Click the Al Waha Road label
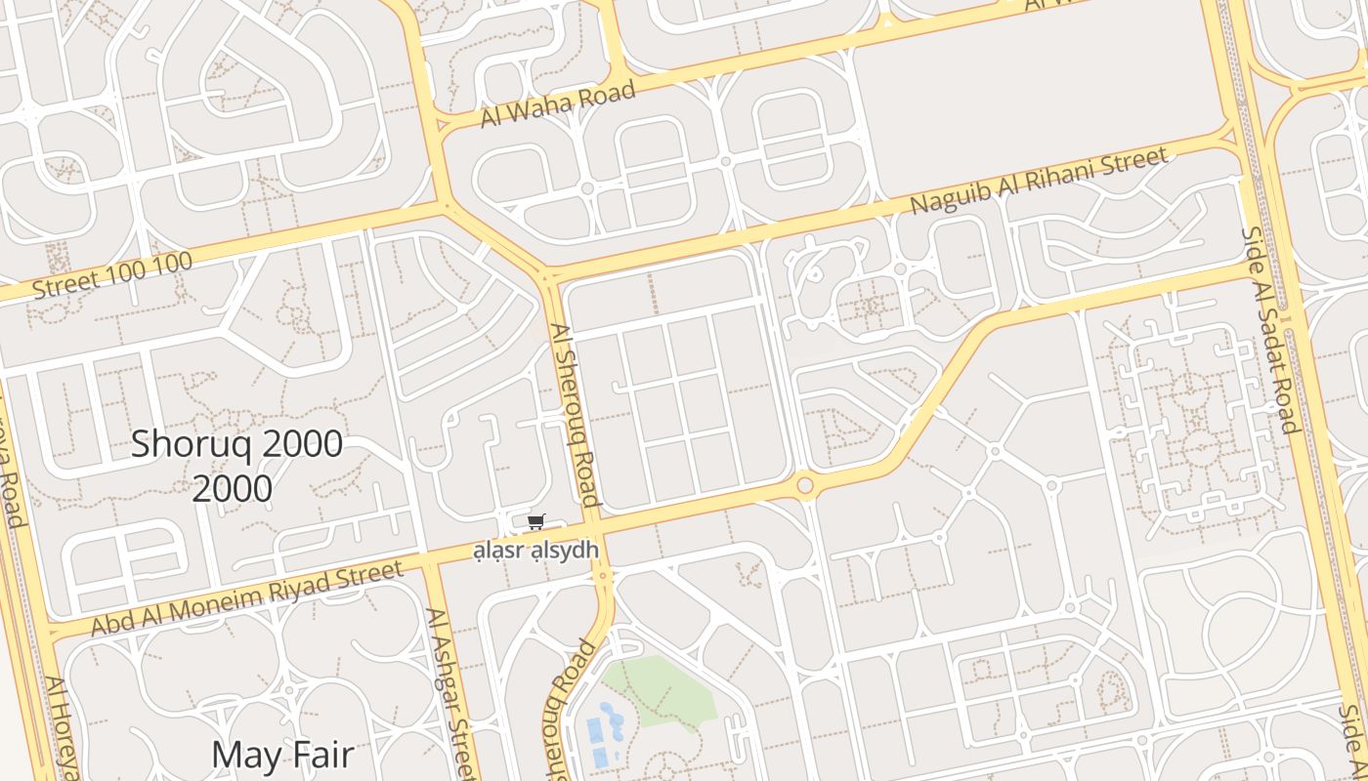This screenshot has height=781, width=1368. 558,104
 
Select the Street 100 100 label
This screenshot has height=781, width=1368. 111,274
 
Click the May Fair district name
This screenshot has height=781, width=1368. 281,754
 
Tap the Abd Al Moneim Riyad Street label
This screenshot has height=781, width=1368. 246,597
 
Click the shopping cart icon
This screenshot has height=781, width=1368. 534,522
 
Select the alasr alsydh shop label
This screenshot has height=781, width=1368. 535,551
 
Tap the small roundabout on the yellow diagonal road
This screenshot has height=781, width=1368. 805,485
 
